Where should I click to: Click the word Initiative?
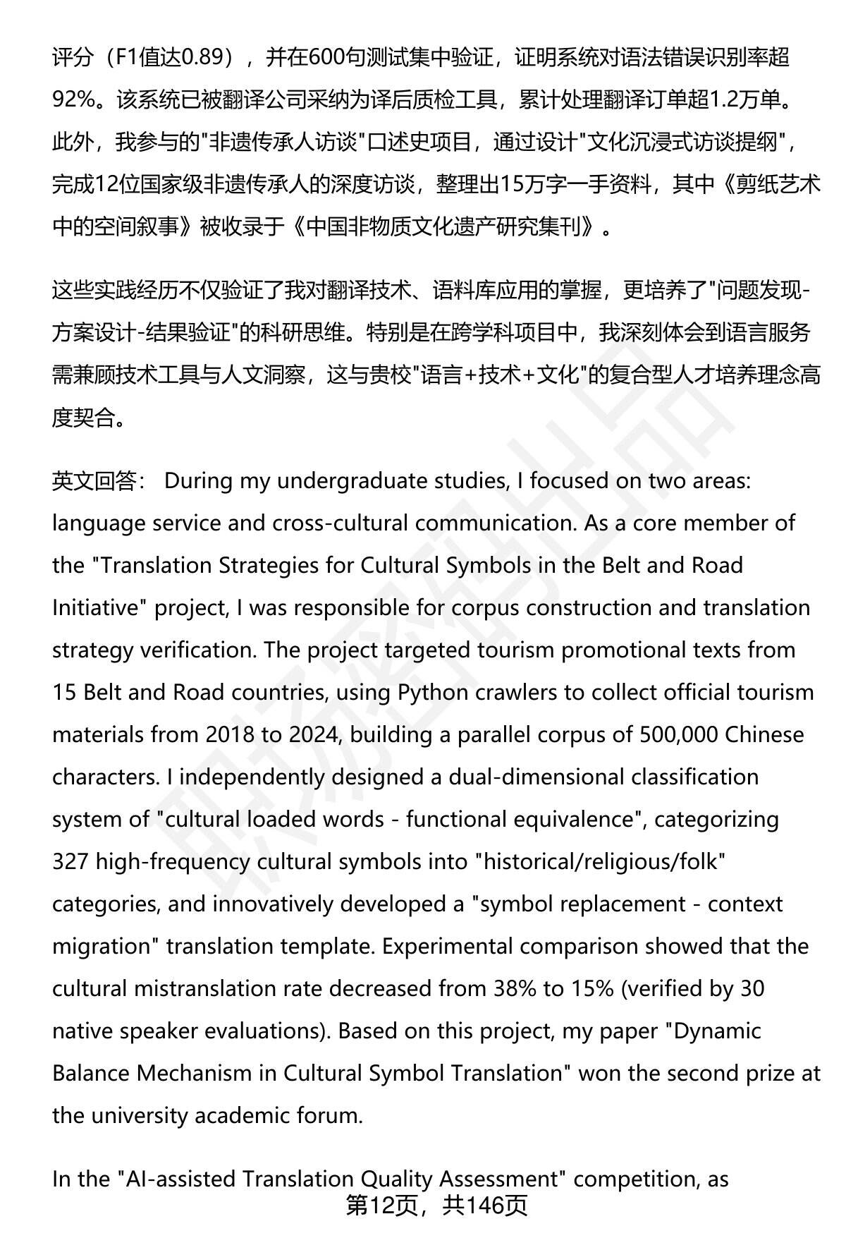tap(92, 608)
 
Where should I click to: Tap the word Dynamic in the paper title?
tap(718, 1031)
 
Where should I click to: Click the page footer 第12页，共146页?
tap(436, 1206)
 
